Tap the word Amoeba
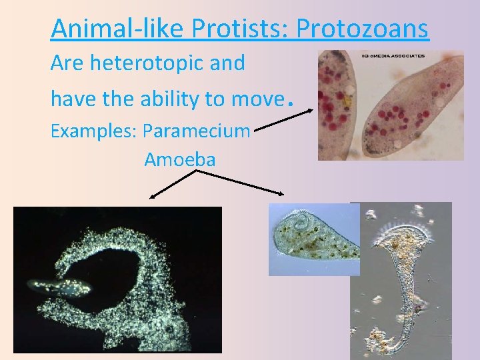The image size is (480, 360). [x=179, y=160]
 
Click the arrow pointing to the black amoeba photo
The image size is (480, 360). [x=172, y=184]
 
